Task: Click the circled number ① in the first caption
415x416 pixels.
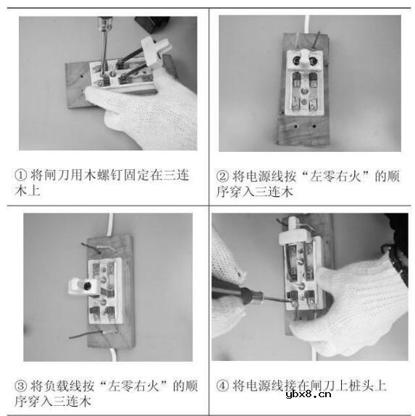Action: coord(21,175)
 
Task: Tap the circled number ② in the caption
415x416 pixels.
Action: coord(222,176)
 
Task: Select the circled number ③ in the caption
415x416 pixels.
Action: coord(21,386)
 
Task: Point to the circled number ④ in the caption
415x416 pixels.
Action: coord(222,386)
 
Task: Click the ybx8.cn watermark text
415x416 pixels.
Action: coord(309,394)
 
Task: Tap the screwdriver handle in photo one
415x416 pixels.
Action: coord(106,23)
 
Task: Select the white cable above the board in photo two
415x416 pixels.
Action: coord(307,25)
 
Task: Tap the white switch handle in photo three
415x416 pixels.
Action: coord(83,286)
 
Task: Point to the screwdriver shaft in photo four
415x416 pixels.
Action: coord(276,299)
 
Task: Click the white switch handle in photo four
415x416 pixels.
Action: coord(294,234)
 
